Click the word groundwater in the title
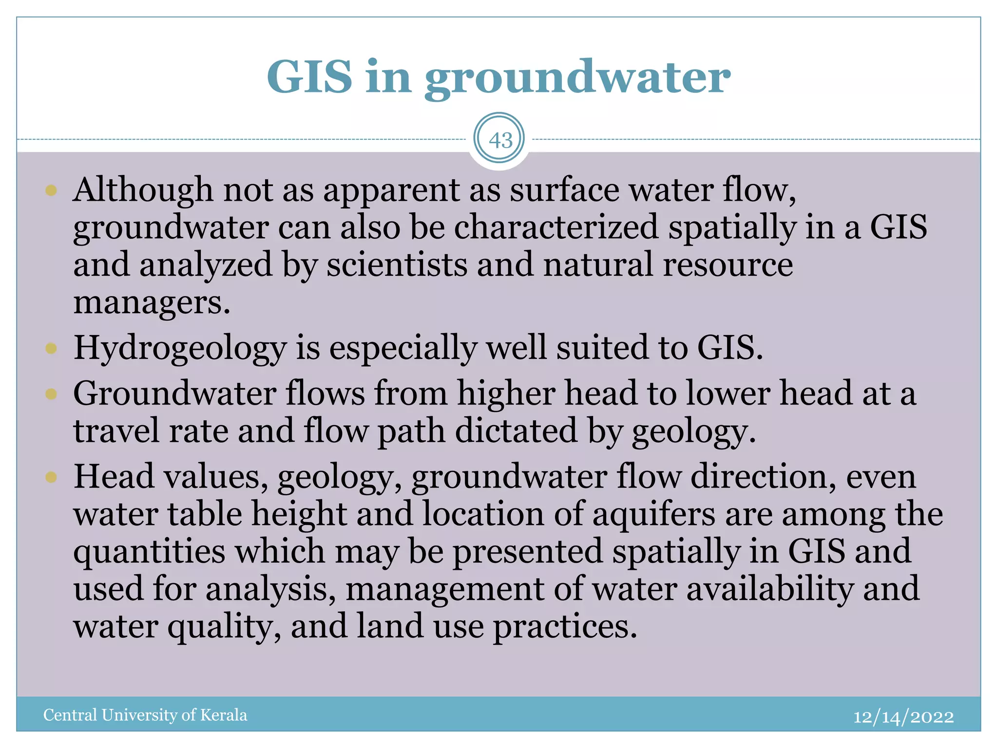click(577, 78)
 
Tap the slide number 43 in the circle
click(499, 140)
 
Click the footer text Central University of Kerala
click(145, 715)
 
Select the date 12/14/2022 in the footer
click(903, 716)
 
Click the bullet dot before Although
click(51, 190)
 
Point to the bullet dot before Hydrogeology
click(51, 348)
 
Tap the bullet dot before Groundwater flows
click(51, 393)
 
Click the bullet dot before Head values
click(51, 477)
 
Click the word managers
click(152, 302)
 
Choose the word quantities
click(150, 552)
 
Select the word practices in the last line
click(565, 626)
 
